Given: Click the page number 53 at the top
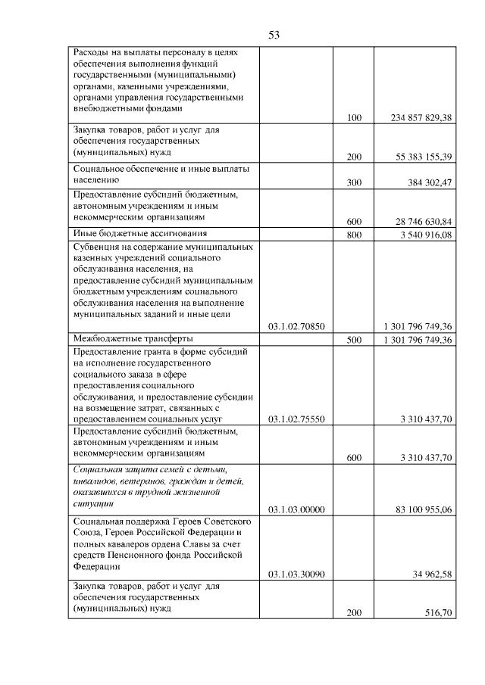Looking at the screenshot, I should (274, 35).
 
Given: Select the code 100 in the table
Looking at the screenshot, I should (354, 118).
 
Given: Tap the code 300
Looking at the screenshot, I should (354, 183).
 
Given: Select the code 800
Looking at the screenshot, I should (354, 235).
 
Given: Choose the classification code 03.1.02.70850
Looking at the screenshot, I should (296, 327).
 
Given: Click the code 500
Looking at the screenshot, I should (354, 340).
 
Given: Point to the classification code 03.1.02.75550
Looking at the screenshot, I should (296, 419).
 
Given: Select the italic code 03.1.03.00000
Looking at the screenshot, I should (296, 509).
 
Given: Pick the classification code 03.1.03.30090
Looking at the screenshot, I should (296, 574).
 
